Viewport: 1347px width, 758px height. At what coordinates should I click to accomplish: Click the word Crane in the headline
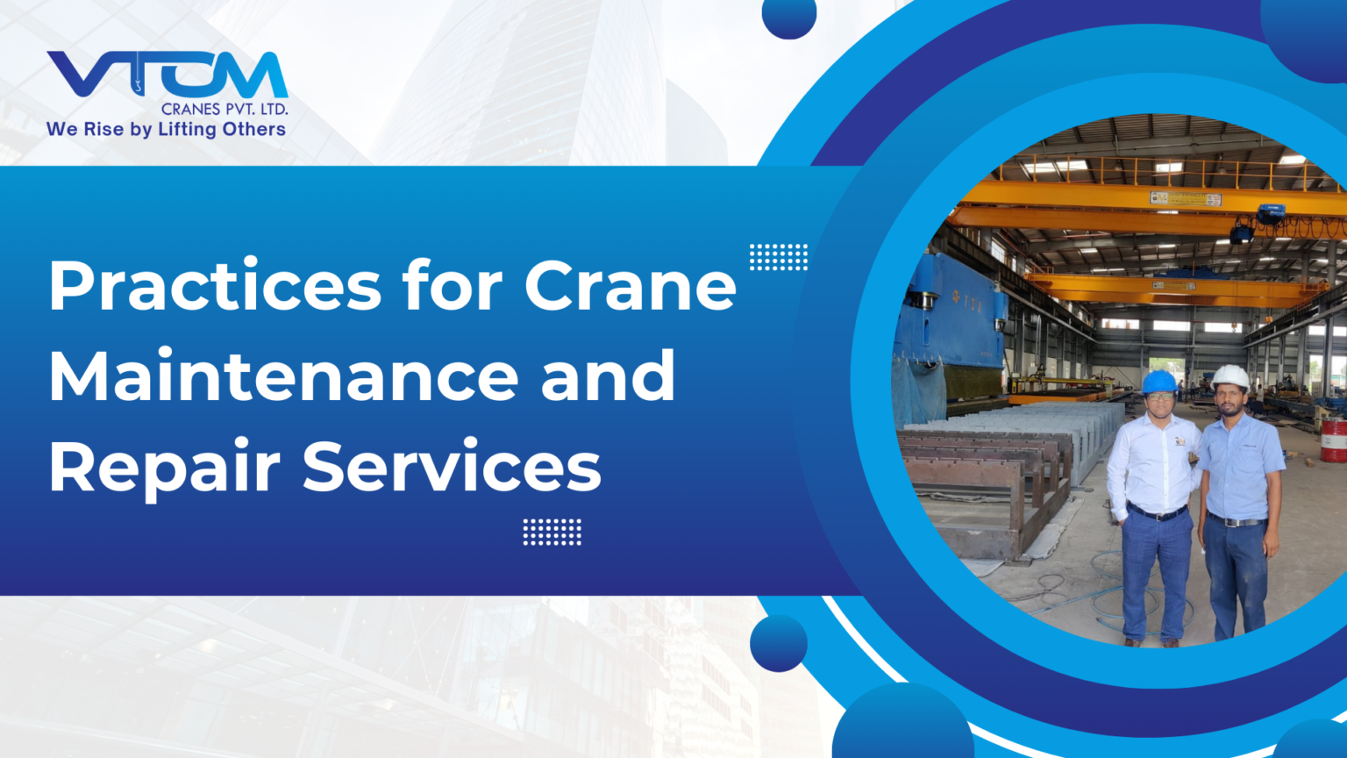pyautogui.click(x=631, y=286)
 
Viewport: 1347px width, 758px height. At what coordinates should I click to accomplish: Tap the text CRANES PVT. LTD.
pyautogui.click(x=224, y=110)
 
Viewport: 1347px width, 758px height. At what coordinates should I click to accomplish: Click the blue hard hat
pyautogui.click(x=1159, y=382)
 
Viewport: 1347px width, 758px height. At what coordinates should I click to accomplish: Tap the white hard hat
pyautogui.click(x=1230, y=376)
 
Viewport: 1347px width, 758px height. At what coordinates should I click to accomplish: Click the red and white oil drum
pyautogui.click(x=1333, y=440)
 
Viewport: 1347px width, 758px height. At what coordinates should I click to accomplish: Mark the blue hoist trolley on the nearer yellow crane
pyautogui.click(x=1269, y=213)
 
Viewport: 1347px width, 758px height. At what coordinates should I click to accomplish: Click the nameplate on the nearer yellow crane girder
pyautogui.click(x=1186, y=199)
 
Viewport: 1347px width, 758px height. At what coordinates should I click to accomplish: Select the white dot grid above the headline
pyautogui.click(x=779, y=257)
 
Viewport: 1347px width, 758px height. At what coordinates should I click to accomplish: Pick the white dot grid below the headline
pyautogui.click(x=552, y=532)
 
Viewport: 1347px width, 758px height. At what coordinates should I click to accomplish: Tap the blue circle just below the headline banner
pyautogui.click(x=779, y=643)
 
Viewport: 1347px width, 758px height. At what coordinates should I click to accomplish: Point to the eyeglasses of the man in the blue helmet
pyautogui.click(x=1159, y=397)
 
